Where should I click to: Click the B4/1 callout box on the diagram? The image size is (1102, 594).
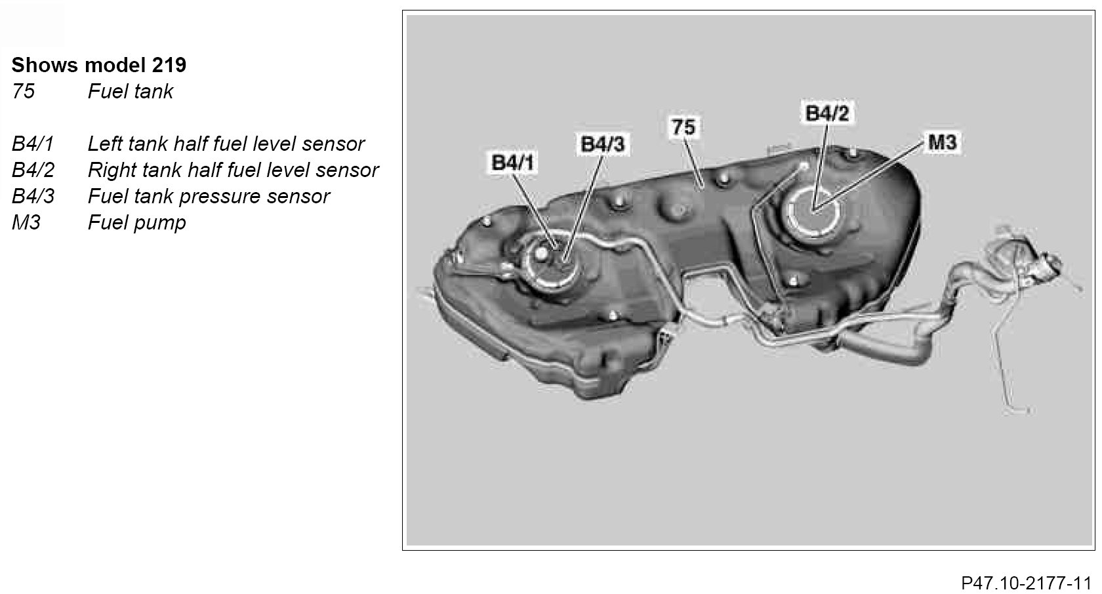513,163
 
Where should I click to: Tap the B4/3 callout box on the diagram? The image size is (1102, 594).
602,144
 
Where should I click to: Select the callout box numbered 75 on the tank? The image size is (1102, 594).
683,127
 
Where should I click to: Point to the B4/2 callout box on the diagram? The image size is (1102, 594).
826,113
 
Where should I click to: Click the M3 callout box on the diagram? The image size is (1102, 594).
942,142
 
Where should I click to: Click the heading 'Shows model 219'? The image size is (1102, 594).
98,65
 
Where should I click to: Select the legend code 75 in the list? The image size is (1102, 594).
23,91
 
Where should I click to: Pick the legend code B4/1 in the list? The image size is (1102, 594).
32,144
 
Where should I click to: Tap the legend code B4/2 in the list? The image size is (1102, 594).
33,170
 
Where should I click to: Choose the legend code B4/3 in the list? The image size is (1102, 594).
33,196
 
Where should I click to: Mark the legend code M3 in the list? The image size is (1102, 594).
26,222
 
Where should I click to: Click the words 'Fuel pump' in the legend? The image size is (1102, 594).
136,222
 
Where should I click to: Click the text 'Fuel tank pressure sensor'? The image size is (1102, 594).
209,196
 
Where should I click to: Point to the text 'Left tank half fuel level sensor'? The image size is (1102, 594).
226,144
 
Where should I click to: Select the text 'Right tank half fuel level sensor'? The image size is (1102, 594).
233,170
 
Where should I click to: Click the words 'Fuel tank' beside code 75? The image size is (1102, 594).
130,91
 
